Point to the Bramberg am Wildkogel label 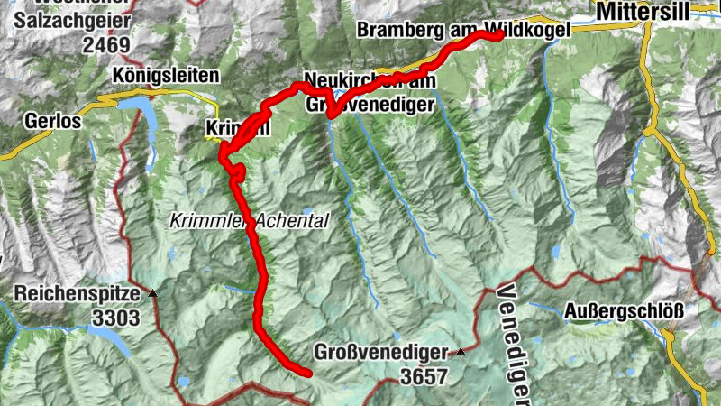click(463, 30)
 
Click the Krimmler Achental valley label click(249, 219)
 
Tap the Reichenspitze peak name click(77, 294)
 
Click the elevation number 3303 click(116, 318)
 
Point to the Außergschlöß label click(623, 311)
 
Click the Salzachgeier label click(72, 20)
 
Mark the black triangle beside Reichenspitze click(152, 293)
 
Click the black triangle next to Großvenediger click(461, 352)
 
